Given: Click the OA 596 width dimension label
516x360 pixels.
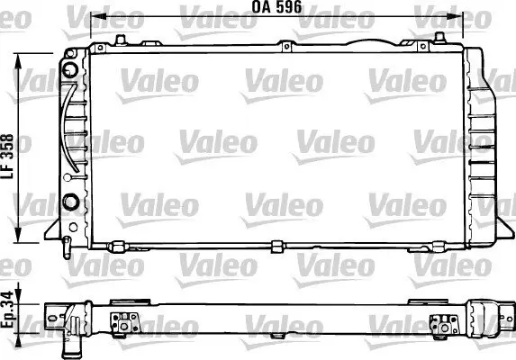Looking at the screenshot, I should pos(277,7).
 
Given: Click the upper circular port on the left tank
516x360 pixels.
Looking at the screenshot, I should pos(70,68).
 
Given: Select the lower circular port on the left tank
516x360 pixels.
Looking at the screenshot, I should pos(69,200).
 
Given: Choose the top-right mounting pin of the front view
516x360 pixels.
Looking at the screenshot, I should pos(439,38).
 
